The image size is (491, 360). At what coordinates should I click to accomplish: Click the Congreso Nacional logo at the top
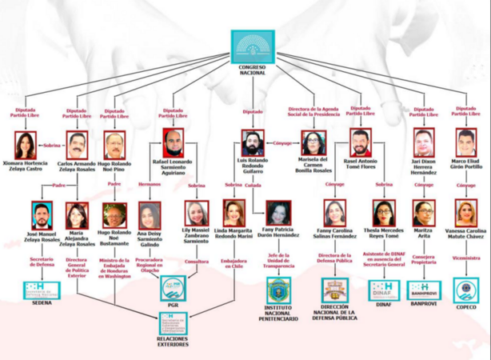252,45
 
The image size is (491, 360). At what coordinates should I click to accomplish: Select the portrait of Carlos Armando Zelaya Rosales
76,144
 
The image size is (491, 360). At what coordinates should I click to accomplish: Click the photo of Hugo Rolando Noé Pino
114,144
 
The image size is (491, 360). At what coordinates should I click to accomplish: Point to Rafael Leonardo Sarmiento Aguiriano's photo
173,143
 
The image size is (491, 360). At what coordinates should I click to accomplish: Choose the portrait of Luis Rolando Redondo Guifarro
253,143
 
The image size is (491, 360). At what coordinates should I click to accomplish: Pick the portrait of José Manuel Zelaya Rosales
42,214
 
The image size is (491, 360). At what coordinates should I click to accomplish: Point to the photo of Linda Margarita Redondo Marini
234,213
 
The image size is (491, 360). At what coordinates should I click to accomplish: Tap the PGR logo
173,287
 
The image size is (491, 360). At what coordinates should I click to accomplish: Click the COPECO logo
466,289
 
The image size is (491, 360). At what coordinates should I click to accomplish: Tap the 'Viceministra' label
466,258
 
